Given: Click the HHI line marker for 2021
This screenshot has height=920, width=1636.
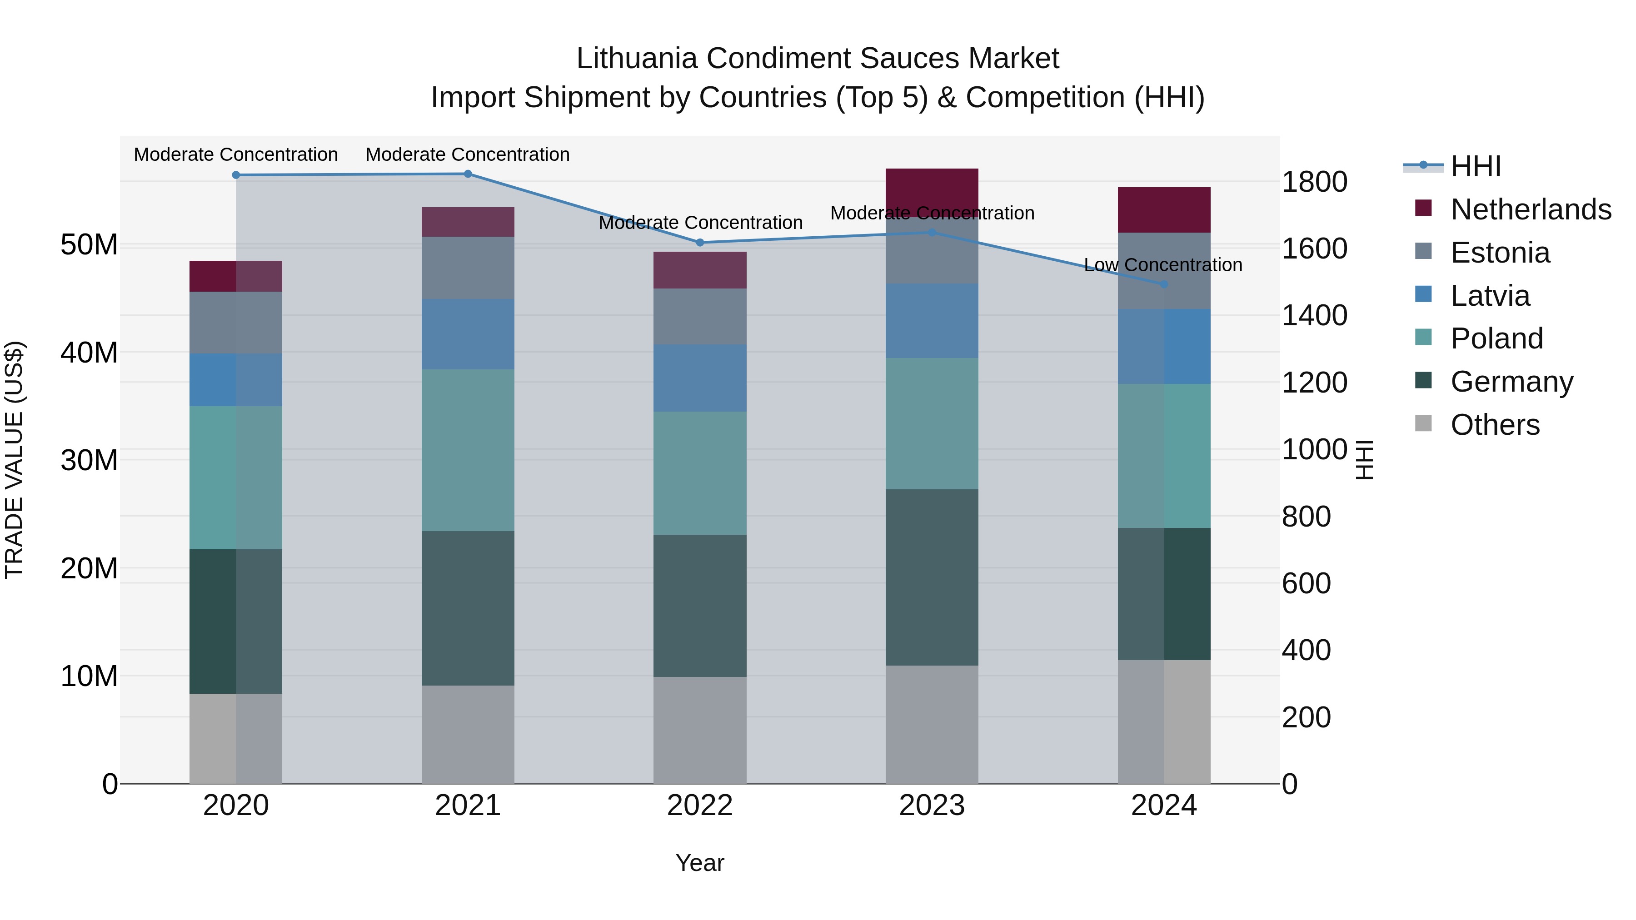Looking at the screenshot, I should [468, 174].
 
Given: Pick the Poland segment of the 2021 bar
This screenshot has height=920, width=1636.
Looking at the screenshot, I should [468, 450].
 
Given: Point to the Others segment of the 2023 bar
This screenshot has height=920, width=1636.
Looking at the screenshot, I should [932, 725].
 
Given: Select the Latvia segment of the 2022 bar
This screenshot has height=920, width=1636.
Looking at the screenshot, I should [700, 378].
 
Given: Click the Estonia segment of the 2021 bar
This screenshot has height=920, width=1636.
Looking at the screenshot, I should [468, 268].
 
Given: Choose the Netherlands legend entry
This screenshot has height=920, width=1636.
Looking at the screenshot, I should [1531, 209].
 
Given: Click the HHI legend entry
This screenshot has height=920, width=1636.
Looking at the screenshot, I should [1475, 166].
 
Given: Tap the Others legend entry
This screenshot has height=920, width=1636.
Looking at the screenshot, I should [1495, 425].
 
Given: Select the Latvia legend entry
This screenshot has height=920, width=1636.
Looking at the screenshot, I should [1490, 296].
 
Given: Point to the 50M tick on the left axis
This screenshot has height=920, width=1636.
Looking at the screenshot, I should [89, 245].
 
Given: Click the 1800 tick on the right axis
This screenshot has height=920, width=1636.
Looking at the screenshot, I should [1314, 182].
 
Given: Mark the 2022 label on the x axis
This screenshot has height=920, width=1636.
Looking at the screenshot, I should [700, 806].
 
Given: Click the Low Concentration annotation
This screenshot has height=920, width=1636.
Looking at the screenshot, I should [1163, 265].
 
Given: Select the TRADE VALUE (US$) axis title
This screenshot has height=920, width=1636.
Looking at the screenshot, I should [14, 460].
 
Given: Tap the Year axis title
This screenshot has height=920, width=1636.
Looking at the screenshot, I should [700, 863].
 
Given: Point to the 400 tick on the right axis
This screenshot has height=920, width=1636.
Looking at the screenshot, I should [1306, 650].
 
